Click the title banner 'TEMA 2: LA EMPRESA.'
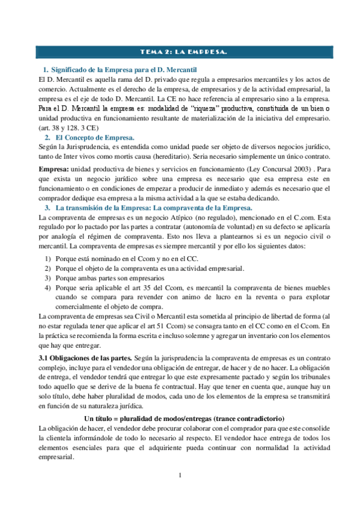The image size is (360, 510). pyautogui.click(x=180, y=52)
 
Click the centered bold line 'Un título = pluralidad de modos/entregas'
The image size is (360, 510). pyautogui.click(x=185, y=417)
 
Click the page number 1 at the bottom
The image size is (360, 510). pyautogui.click(x=180, y=477)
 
